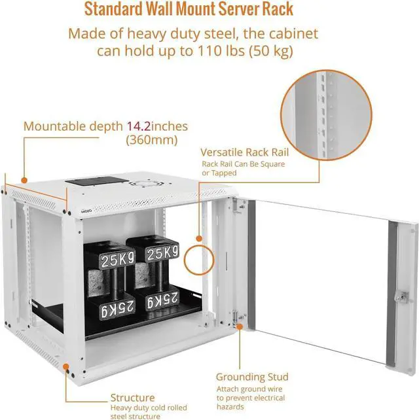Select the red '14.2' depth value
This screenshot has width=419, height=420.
140,126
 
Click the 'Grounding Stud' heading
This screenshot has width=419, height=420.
252,377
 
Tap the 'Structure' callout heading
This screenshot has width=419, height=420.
132,397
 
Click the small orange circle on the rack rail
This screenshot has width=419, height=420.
199,258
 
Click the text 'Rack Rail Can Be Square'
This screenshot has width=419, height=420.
243,164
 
